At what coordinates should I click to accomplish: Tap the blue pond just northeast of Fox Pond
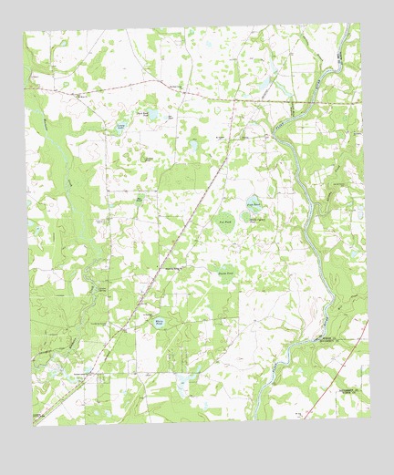point(251,203)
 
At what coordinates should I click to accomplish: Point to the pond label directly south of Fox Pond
point(225,273)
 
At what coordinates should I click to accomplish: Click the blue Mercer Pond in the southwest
point(160,323)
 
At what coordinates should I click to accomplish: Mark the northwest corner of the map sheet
point(25,32)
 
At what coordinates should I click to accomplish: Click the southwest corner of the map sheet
point(34,426)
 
